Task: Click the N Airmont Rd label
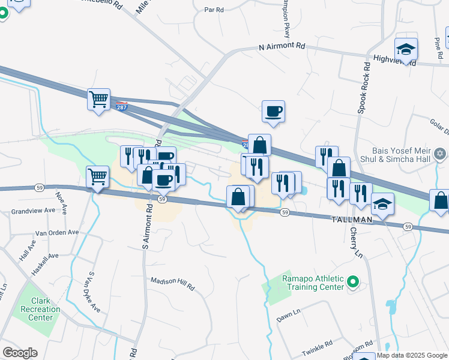tap(282, 46)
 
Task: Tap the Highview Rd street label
tap(394, 59)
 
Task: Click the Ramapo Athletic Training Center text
tap(314, 283)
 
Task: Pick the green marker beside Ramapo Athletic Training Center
tap(354, 281)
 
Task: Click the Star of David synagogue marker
tap(440, 154)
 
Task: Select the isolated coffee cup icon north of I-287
tap(273, 111)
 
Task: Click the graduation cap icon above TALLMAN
tap(382, 204)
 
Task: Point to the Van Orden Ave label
tap(57, 232)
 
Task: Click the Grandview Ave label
tap(33, 211)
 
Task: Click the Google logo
tap(20, 353)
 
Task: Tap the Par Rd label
tap(214, 10)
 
